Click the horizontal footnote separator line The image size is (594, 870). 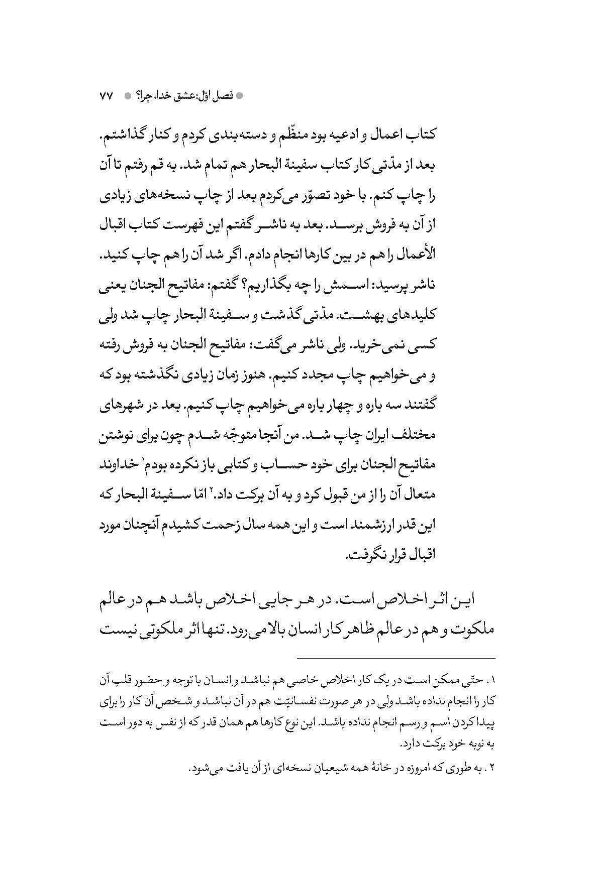point(395,659)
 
